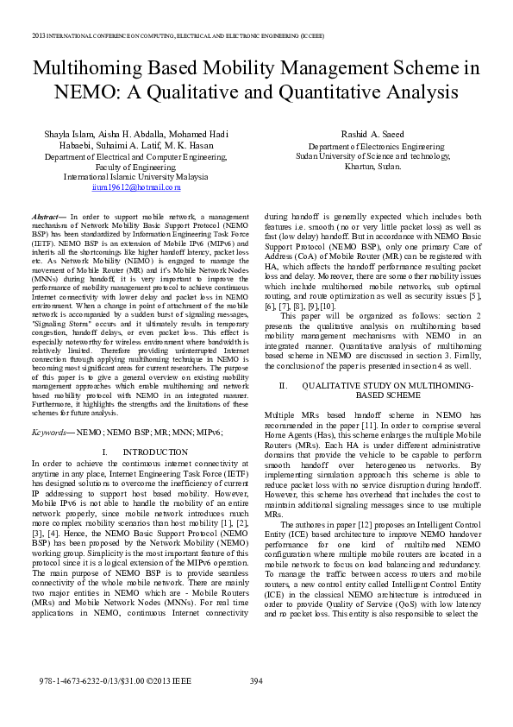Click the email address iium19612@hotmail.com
pos(135,186)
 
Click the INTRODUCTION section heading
pos(155,452)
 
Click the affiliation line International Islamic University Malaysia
pos(135,177)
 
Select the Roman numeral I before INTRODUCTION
pos(103,452)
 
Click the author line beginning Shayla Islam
pos(135,135)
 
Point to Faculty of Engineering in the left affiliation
pos(135,168)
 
